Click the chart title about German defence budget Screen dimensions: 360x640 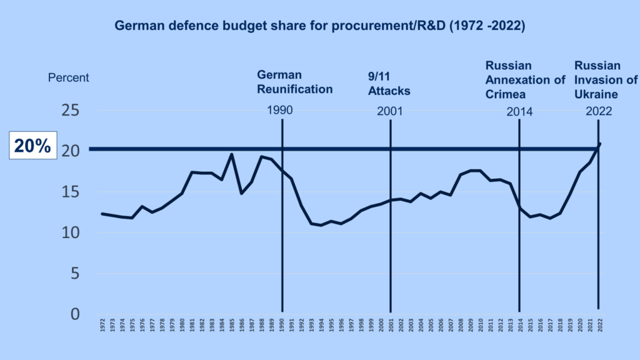coord(319,27)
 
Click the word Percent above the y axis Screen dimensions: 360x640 coord(69,78)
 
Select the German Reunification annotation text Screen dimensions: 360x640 coord(295,82)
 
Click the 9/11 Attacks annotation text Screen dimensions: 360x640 coord(389,84)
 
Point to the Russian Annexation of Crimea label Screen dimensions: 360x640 coord(517,80)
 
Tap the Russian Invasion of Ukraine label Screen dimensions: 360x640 coord(606,80)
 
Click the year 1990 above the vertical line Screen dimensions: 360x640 coord(279,111)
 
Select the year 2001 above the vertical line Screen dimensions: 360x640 coord(389,112)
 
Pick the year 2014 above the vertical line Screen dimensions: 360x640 coord(519,112)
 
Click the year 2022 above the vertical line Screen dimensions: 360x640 coord(598,112)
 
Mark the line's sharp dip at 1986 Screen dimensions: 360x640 coord(242,193)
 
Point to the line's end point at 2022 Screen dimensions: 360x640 coord(600,144)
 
